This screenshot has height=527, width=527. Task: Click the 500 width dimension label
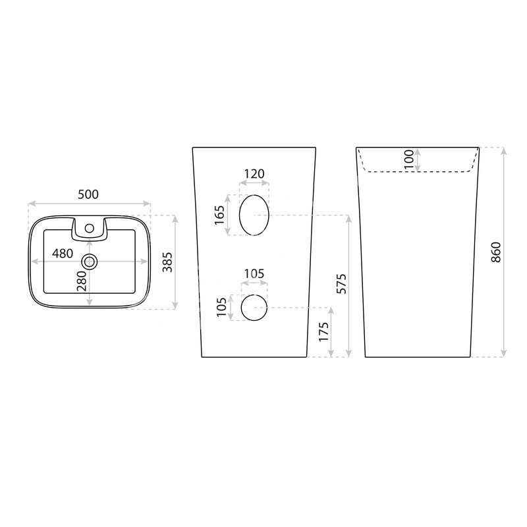point(88,194)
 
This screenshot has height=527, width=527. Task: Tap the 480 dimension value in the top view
point(63,254)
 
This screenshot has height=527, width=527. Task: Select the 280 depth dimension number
point(82,281)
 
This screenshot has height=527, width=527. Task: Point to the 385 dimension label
point(167,262)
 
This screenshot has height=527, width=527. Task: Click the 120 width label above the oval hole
point(254,174)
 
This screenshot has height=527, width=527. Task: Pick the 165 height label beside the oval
point(219,215)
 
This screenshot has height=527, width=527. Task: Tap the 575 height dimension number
point(341,284)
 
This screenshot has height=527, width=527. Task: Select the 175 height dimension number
point(323,332)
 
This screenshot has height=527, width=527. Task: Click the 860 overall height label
point(496,252)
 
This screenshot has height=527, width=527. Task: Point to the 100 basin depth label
point(408,159)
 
